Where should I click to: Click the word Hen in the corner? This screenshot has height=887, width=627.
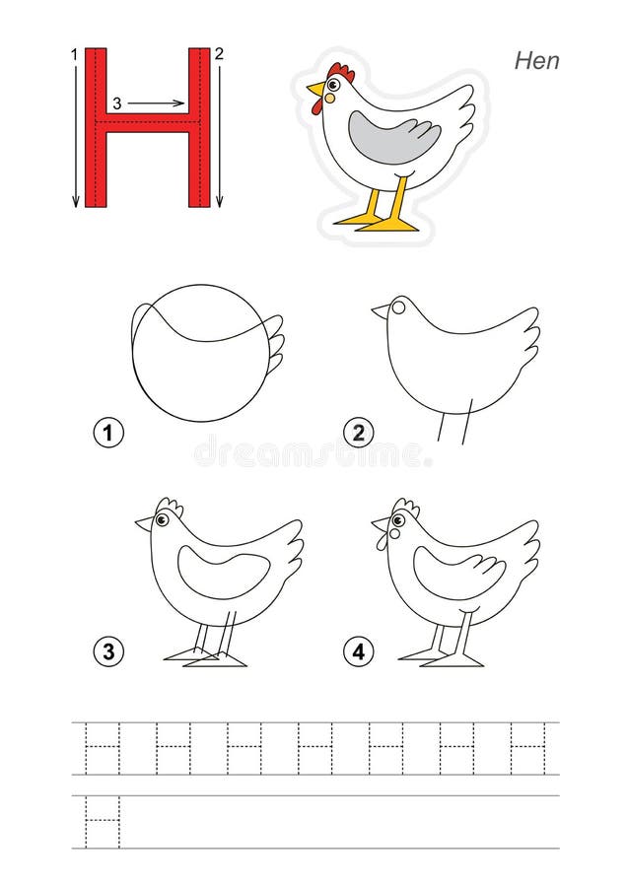(536, 60)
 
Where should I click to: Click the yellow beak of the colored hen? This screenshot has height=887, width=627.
(314, 91)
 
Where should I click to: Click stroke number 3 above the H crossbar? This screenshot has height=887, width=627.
(117, 102)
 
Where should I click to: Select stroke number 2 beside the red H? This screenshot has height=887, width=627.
(219, 54)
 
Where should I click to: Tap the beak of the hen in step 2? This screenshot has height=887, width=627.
(380, 311)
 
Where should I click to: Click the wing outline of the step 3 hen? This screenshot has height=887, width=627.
(223, 576)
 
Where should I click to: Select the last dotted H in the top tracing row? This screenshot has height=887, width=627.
(527, 748)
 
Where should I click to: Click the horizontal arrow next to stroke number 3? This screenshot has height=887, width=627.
(157, 102)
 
